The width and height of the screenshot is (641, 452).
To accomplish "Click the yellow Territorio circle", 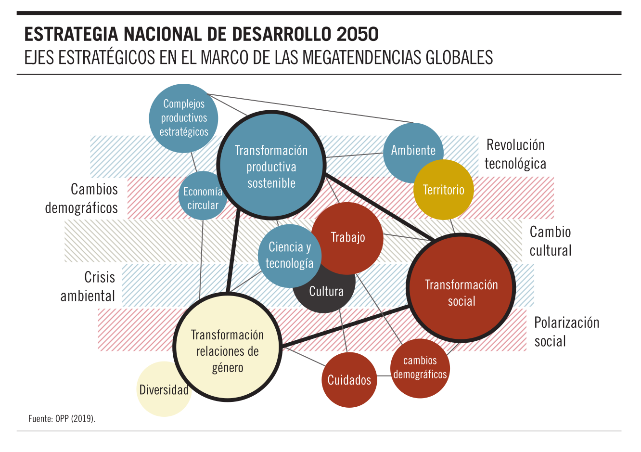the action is pyautogui.click(x=443, y=190).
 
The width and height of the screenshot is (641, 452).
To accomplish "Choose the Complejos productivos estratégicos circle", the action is pyautogui.click(x=183, y=118).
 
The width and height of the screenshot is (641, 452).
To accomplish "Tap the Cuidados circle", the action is pyautogui.click(x=349, y=380).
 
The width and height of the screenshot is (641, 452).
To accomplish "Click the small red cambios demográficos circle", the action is pyautogui.click(x=420, y=368).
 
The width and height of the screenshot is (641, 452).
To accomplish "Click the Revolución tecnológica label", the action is pyautogui.click(x=515, y=155).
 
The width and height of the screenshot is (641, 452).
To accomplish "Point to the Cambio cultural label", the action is pyautogui.click(x=550, y=241).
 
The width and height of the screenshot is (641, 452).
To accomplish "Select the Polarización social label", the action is pyautogui.click(x=566, y=332).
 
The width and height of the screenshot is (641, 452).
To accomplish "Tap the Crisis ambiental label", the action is pyautogui.click(x=88, y=286).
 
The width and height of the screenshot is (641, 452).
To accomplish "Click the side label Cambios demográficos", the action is pyautogui.click(x=81, y=198).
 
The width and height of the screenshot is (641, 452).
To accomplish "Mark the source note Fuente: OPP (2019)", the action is pyautogui.click(x=62, y=418).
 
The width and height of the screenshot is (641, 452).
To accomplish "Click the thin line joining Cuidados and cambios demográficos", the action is pyautogui.click(x=384, y=376).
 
